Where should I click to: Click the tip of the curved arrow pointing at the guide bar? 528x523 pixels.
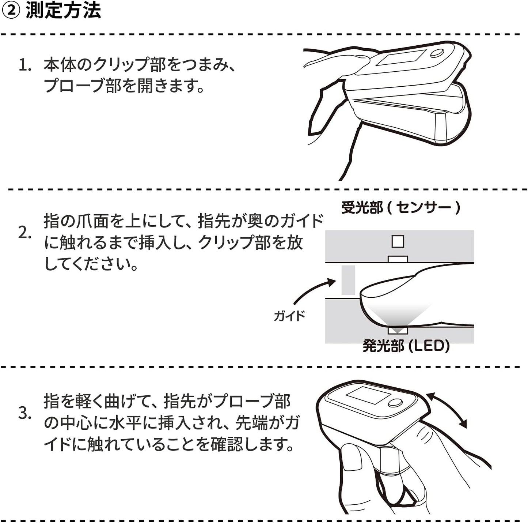tap(336, 281)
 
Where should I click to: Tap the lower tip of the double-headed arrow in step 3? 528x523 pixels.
tap(466, 428)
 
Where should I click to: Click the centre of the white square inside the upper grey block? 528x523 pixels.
tap(398, 241)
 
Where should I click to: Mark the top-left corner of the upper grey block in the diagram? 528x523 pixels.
tap(325, 230)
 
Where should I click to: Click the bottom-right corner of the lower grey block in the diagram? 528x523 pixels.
tap(474, 343)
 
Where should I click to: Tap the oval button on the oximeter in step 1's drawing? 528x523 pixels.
tap(437, 53)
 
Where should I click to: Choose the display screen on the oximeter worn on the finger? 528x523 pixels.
tap(368, 396)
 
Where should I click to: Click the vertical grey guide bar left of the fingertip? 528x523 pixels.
tap(348, 280)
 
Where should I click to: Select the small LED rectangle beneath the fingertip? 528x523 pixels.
tap(398, 331)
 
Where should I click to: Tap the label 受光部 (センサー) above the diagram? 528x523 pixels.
tap(400, 208)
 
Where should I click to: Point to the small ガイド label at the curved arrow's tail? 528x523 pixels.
tap(289, 316)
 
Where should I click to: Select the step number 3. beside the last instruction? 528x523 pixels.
tap(25, 413)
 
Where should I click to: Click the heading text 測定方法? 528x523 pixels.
tap(63, 11)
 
